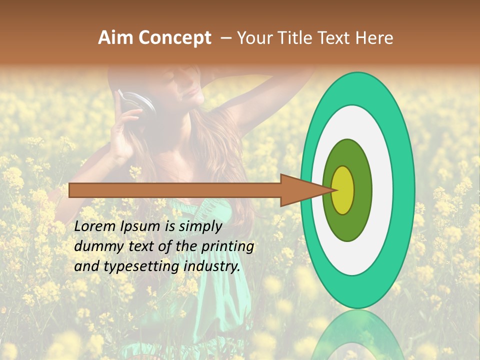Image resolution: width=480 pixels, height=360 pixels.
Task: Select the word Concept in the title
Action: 174,37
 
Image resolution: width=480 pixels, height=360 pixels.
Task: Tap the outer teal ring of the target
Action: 404,190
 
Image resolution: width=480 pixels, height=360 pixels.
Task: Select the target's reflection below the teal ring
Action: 358,335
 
